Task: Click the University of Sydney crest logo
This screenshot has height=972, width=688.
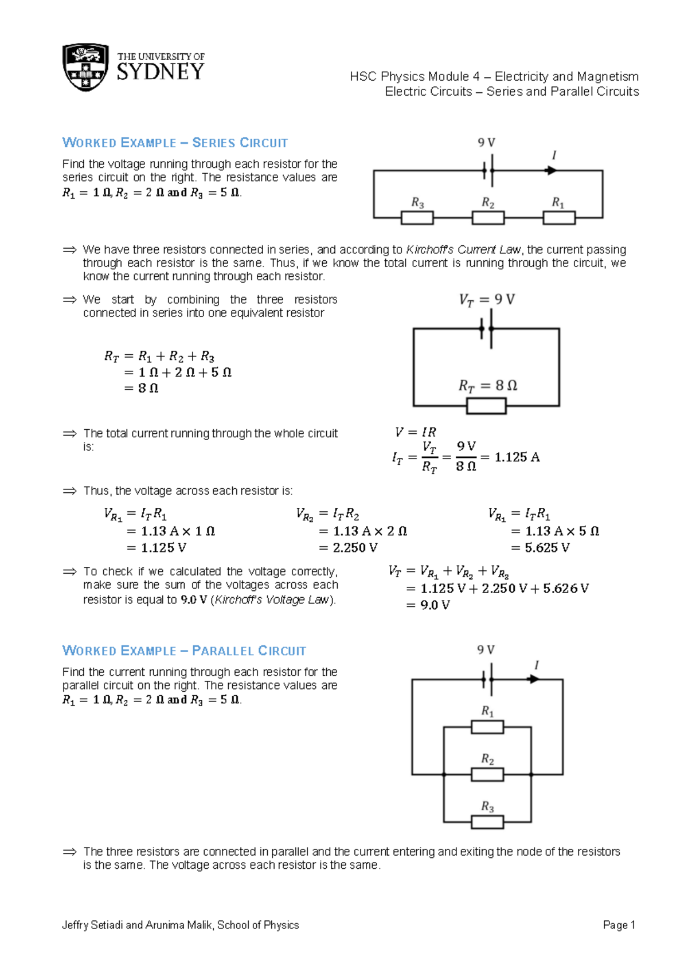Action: pos(85,66)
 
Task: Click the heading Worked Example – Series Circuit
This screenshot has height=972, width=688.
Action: pos(175,143)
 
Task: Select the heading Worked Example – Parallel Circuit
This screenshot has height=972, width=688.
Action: pos(184,651)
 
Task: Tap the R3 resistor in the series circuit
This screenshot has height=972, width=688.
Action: pos(417,218)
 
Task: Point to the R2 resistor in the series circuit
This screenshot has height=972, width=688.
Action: pos(488,218)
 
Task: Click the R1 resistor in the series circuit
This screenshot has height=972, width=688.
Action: pos(559,218)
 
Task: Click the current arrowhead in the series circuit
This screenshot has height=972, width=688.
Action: pos(551,170)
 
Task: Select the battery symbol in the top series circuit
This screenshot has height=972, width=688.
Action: pos(488,170)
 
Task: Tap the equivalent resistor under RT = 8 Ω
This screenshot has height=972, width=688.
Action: pos(486,406)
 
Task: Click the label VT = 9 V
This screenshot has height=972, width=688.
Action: pos(487,300)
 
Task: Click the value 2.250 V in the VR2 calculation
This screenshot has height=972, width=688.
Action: pos(355,548)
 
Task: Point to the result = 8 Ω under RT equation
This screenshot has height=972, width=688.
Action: pos(142,388)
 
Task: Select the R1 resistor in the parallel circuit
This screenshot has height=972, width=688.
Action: pos(487,727)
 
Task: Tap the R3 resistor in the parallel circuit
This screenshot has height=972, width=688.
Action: pos(487,822)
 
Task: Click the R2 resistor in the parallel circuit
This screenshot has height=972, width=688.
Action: pos(487,774)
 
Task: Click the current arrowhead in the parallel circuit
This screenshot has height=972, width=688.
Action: pos(534,679)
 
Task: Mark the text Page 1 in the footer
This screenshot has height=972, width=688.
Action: pos(619,925)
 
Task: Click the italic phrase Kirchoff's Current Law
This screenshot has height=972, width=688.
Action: pos(463,250)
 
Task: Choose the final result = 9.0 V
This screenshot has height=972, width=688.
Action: pos(428,605)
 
